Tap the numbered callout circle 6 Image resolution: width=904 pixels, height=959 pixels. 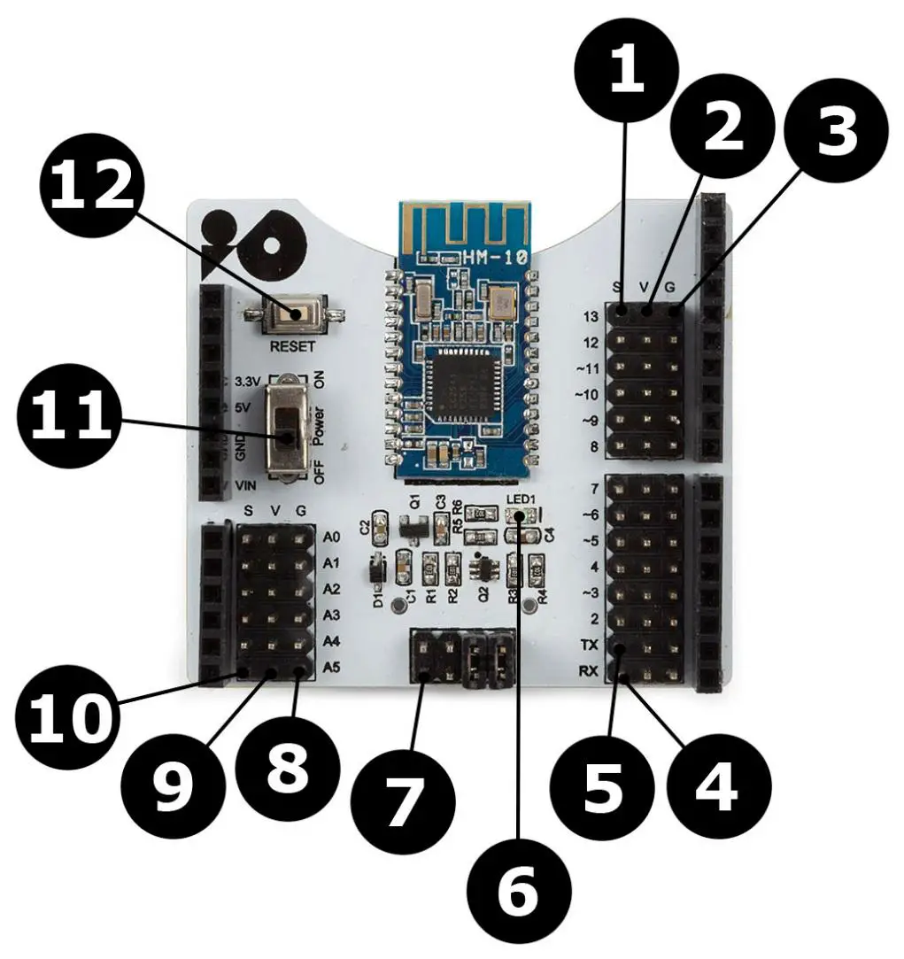517,893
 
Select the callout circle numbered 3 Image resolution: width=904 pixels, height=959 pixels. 833,132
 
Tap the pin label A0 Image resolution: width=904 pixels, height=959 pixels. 332,537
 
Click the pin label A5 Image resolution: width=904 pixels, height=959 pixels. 332,667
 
